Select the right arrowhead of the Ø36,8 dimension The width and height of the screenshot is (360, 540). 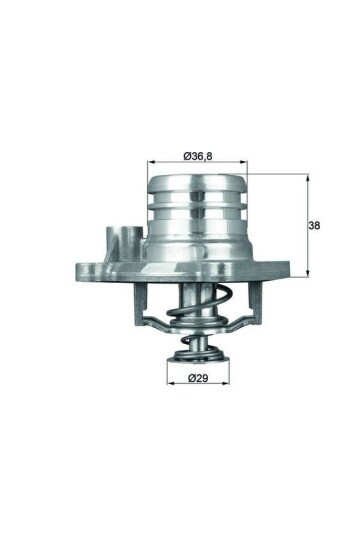pos(245,163)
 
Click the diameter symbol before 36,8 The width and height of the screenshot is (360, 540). pos(187,155)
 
